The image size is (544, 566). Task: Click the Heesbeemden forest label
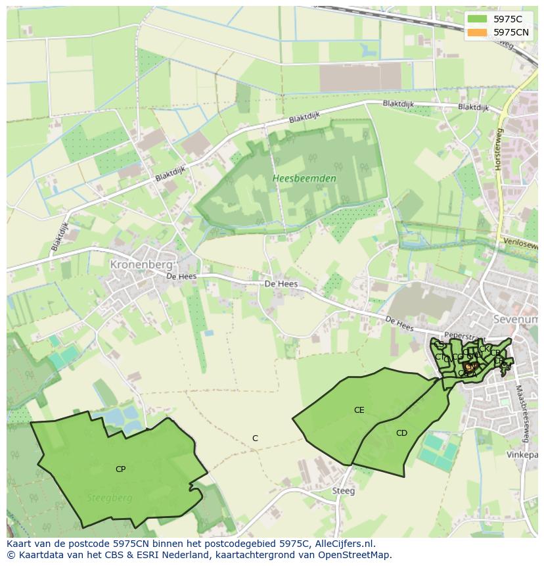(304, 178)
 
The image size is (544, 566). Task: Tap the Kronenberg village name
(142, 264)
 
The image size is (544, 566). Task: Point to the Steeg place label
(343, 490)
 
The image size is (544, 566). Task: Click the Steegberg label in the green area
(110, 498)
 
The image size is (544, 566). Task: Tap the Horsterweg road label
(499, 150)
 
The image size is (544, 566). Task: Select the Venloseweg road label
(520, 244)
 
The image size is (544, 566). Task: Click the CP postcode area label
(120, 469)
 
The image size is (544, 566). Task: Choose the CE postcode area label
(359, 410)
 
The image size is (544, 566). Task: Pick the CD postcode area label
(401, 433)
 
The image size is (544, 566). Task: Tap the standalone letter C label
(255, 438)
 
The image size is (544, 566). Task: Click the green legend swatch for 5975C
(478, 19)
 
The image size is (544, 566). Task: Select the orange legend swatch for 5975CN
(478, 32)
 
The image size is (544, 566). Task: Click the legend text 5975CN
(511, 32)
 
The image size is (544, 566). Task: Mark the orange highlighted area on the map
(470, 366)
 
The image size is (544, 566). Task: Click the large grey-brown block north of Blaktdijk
(359, 77)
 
